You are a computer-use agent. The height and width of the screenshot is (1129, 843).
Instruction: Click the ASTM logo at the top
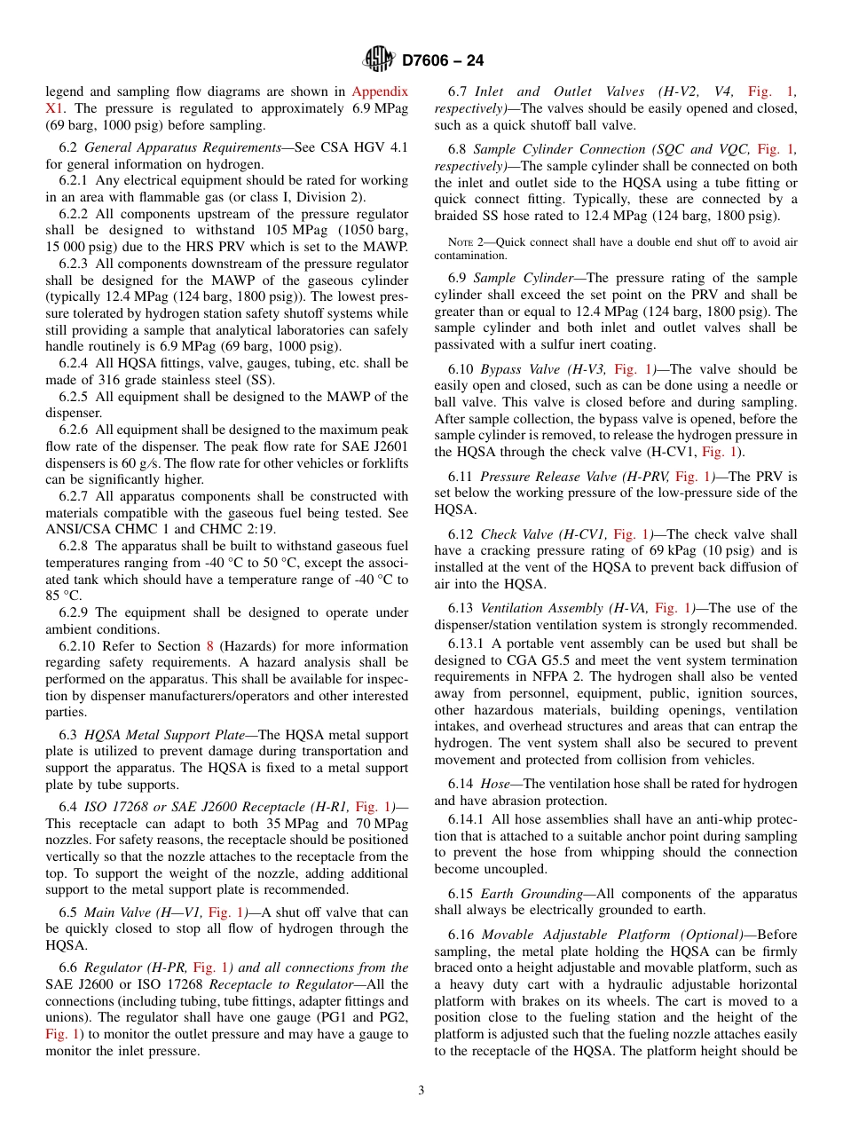click(380, 60)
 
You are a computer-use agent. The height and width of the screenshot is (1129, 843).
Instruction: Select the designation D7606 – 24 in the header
click(443, 61)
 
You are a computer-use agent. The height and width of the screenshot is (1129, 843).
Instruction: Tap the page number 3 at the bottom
click(421, 1091)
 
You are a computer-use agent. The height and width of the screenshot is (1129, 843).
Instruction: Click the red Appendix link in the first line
click(380, 91)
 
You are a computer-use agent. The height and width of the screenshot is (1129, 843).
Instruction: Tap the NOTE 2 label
click(464, 242)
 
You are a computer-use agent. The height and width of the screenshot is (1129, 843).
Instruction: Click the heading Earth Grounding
click(532, 894)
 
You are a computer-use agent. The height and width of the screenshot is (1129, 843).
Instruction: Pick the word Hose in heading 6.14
click(494, 784)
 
